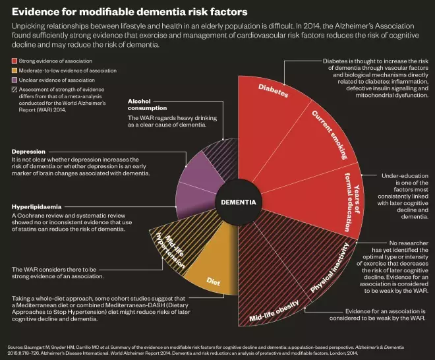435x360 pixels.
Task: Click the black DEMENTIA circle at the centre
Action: (238, 202)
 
